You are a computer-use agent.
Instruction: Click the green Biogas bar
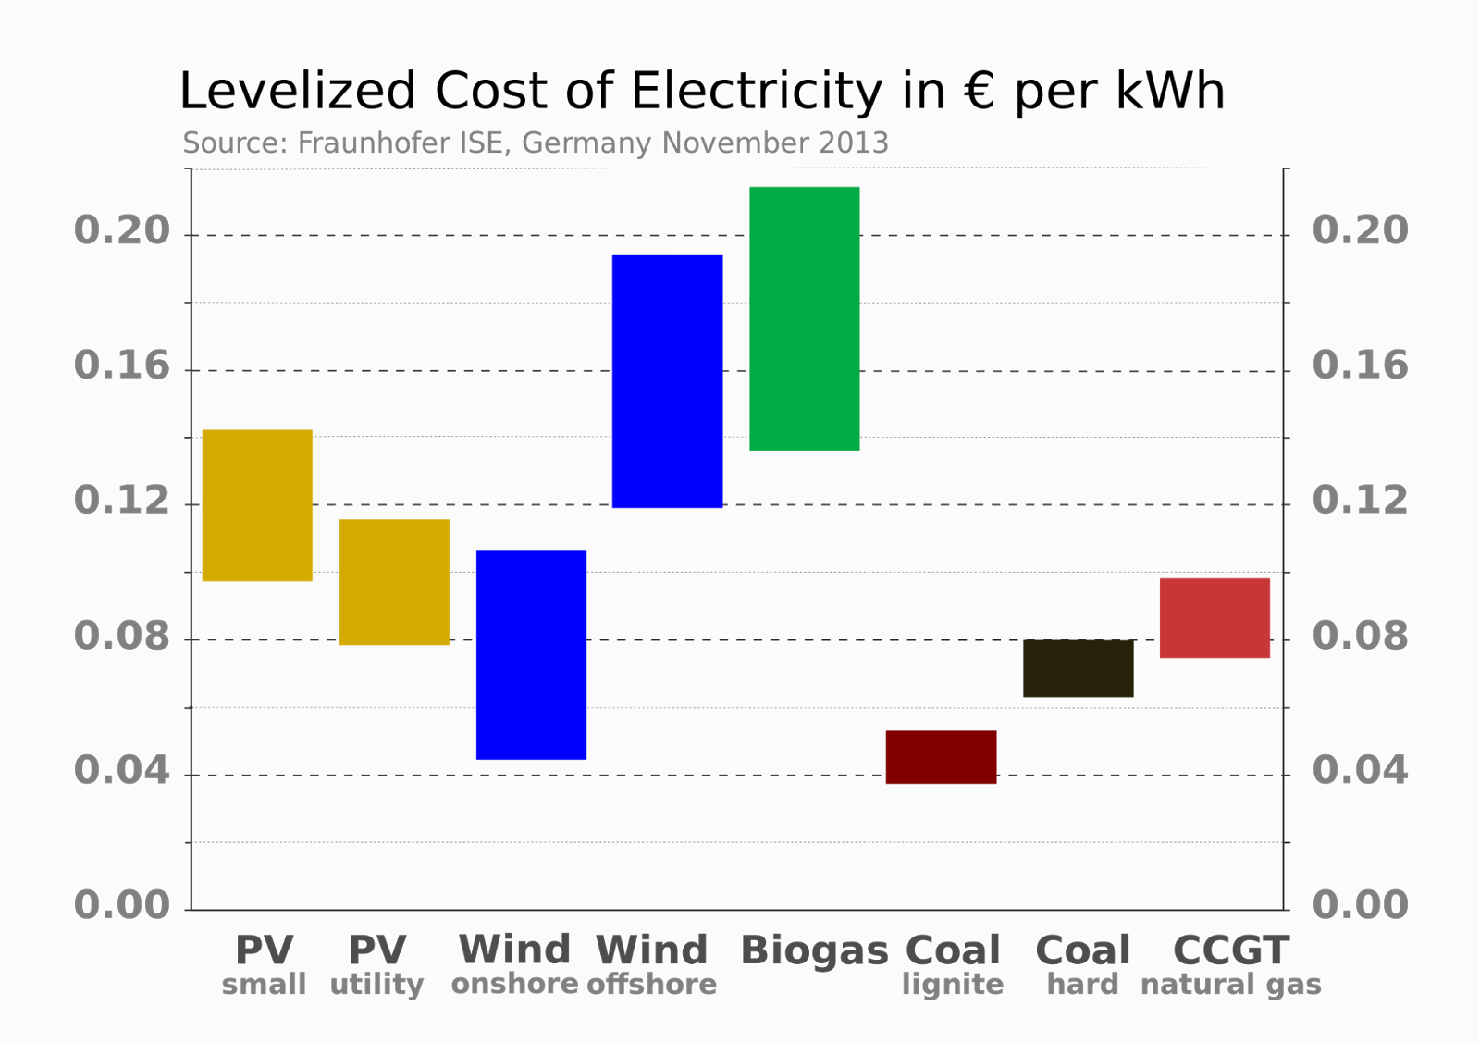click(804, 318)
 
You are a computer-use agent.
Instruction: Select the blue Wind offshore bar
click(667, 380)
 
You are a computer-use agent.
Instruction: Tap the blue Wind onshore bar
click(531, 654)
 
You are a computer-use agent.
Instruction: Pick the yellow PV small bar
click(257, 504)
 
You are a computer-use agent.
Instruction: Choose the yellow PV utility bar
click(394, 581)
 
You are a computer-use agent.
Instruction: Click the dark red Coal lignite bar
click(941, 757)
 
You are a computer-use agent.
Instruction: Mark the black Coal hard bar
click(1078, 668)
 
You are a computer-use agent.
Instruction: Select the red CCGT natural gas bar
click(1215, 618)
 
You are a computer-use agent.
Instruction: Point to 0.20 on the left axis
click(122, 230)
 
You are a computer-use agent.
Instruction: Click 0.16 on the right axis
click(1360, 366)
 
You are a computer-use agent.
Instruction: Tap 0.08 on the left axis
click(122, 636)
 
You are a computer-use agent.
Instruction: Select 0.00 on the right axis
click(1360, 904)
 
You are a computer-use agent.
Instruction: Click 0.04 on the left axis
click(122, 770)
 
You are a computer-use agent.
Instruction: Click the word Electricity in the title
click(757, 92)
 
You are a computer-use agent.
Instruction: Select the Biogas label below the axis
click(814, 951)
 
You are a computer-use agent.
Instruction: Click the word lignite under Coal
click(953, 984)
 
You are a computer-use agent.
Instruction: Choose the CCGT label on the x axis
click(1230, 950)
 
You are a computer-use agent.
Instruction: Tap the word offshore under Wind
click(652, 984)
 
